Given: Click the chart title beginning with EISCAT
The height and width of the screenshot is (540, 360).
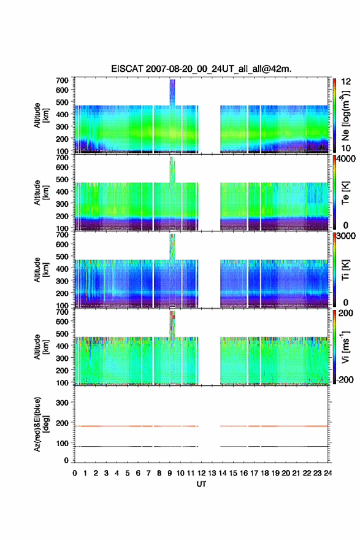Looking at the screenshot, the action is pos(201,69).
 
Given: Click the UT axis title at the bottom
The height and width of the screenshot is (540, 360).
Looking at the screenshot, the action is pos(201,484).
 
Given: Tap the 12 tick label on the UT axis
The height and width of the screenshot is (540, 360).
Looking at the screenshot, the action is pos(201,473).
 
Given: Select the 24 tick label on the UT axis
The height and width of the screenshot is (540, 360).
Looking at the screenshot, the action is pos(328,473).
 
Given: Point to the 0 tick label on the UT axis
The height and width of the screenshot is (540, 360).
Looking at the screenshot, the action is pos(75,473).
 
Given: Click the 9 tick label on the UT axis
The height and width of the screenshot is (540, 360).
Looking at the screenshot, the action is pos(170,473).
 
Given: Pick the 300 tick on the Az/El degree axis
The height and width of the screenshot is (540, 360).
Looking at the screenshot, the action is pos(63,403).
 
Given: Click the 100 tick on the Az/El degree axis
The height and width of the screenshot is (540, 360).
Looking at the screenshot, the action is pos(63,443).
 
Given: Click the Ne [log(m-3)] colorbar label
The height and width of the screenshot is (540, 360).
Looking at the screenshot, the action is pos(345,116).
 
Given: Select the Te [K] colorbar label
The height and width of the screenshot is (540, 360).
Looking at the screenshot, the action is pos(345,193).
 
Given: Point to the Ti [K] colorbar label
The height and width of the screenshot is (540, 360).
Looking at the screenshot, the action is pos(345,270).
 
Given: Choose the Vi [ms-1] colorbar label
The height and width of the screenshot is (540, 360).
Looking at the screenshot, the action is pos(345,347).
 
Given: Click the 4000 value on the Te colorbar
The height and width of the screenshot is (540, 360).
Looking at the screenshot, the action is pos(346,159).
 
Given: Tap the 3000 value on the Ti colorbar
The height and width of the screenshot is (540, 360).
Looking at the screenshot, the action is pos(346,236).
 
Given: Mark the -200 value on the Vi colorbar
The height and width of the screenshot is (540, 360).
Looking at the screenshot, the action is pos(345,379).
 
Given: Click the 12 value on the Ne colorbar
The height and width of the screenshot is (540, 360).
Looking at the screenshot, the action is pos(346,82).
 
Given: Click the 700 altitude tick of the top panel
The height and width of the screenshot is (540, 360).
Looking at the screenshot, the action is pos(63,80).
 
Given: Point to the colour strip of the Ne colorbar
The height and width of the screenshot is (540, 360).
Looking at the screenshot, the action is pos(334,116).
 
